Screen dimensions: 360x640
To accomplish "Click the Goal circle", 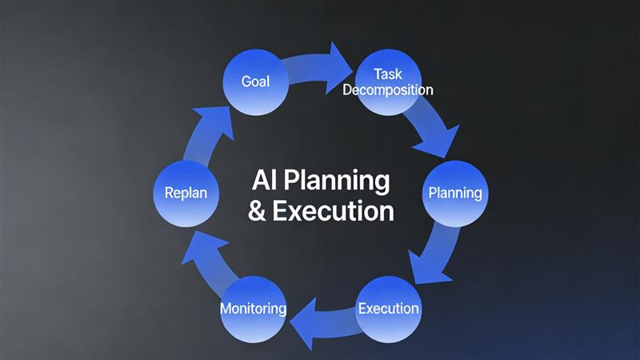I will pos(255,81).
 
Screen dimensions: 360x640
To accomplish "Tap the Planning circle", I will pos(454,193).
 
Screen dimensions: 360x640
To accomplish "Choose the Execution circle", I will pos(388,308).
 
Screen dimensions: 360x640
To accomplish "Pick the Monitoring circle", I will pos(253,308).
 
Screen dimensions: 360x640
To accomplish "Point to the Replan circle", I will pos(186,193).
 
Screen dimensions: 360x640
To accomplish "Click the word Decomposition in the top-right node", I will pos(388,90).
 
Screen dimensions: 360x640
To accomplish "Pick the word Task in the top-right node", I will pos(387,74).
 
